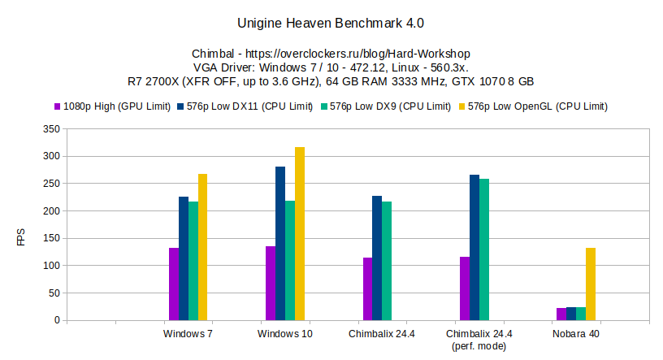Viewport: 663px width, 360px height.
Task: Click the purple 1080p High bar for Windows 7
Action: click(x=174, y=284)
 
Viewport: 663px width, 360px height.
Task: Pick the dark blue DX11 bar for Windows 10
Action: click(x=280, y=243)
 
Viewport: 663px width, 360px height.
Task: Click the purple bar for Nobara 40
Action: click(x=561, y=314)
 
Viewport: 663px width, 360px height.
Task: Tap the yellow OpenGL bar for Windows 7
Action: click(x=203, y=247)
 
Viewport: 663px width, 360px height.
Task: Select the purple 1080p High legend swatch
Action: click(x=58, y=106)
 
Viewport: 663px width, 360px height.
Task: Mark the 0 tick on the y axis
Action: click(x=56, y=320)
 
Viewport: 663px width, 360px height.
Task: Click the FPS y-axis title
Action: click(x=21, y=238)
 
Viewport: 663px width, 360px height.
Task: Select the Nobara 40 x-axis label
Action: click(x=576, y=333)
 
